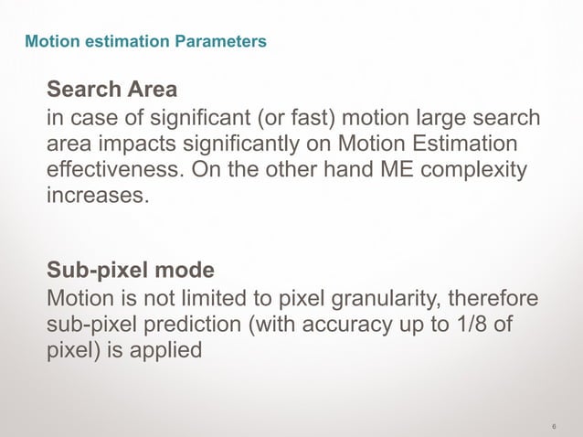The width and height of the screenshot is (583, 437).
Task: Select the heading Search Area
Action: [x=111, y=90]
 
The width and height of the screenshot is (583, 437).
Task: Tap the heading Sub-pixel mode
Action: [x=131, y=271]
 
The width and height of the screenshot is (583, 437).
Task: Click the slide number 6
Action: [x=555, y=426]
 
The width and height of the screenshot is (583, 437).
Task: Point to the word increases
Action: [x=96, y=196]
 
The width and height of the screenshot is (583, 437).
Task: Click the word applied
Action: [x=165, y=350]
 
